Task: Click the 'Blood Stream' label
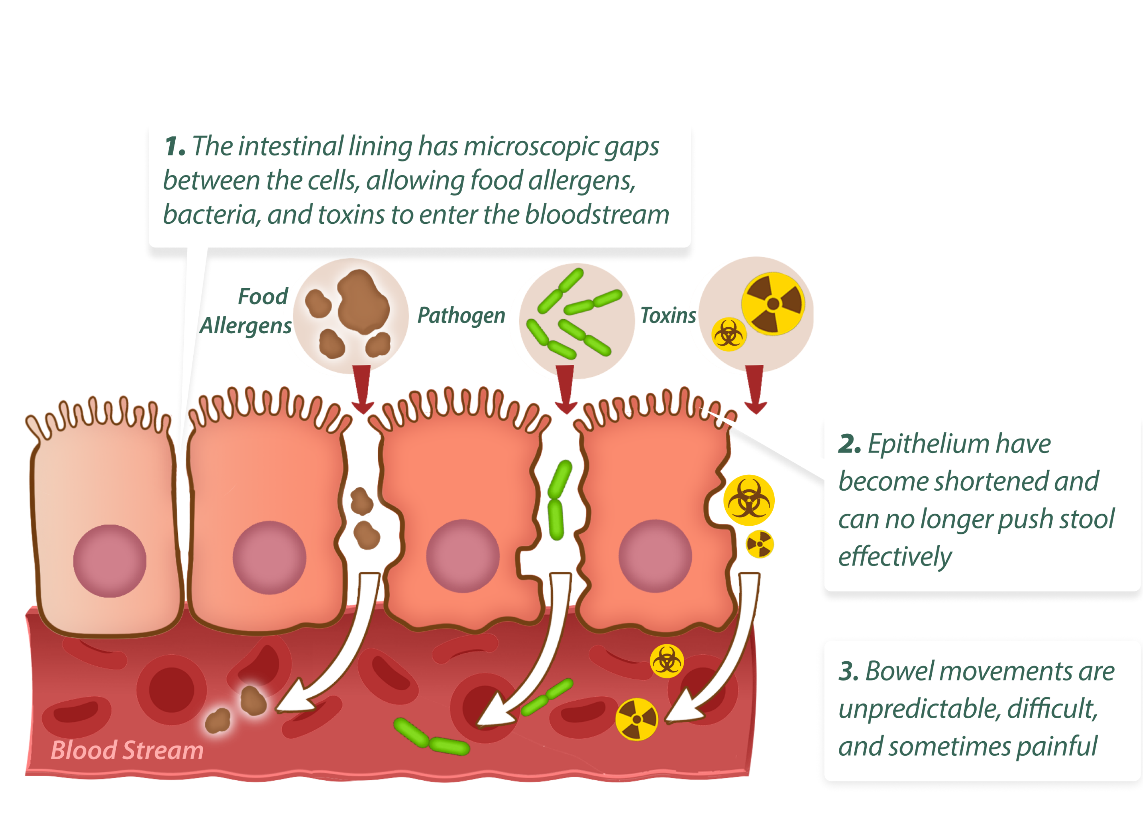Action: (x=127, y=750)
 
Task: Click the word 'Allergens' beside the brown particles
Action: (x=245, y=326)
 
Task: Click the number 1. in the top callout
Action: (x=174, y=147)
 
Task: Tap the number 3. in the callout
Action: (x=849, y=672)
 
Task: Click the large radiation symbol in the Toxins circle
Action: (x=773, y=304)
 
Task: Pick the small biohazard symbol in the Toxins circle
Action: (x=728, y=334)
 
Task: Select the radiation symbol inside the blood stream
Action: (x=637, y=719)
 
